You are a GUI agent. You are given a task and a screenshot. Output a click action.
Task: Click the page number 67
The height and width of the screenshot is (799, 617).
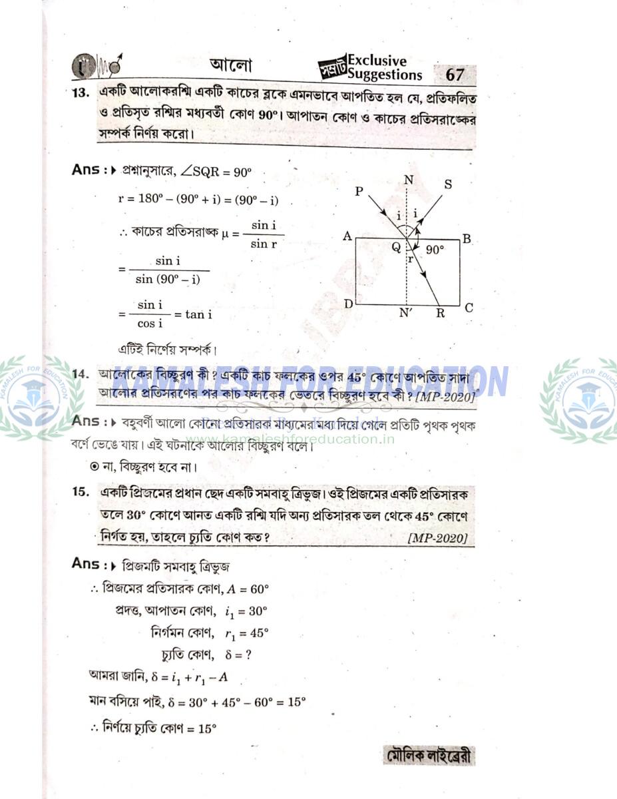pos(455,74)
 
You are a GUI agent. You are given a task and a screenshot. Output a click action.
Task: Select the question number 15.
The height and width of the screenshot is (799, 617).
pos(81,492)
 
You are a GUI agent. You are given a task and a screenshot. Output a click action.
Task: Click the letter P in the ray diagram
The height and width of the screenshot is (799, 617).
pos(359,191)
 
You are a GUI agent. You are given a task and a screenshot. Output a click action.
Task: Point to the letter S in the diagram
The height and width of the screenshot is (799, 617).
pos(448,184)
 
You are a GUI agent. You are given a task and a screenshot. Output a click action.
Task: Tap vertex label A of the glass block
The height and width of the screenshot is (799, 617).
pos(347,236)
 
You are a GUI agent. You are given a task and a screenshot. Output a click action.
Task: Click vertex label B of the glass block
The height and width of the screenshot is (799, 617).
pos(467,239)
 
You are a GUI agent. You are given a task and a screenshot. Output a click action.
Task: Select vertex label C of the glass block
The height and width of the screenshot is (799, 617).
pos(469,308)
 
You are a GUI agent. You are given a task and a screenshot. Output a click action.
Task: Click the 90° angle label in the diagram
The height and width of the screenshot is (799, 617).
pos(435,250)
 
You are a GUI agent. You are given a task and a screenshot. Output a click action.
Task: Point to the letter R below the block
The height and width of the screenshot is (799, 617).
pos(440,313)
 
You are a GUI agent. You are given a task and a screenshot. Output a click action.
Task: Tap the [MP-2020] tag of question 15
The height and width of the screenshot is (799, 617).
pos(437,538)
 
